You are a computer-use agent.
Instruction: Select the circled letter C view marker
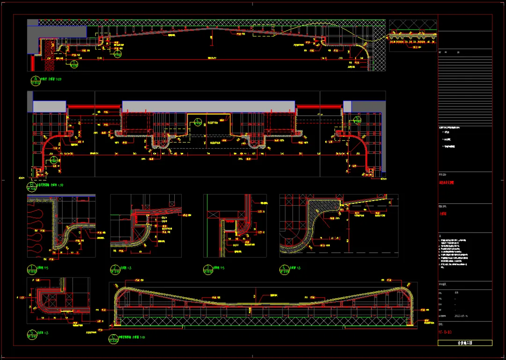(x=113, y=337)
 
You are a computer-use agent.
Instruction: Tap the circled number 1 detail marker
(x=32, y=269)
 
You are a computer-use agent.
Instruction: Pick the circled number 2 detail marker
(x=114, y=269)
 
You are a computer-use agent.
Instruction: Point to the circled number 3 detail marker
(x=208, y=269)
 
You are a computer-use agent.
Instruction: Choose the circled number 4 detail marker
(x=284, y=269)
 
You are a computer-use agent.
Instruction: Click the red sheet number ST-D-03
(x=445, y=332)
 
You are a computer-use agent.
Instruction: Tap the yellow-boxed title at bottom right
(x=465, y=343)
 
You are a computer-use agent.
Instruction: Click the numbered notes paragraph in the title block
(x=461, y=253)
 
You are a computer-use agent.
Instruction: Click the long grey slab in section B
(x=208, y=106)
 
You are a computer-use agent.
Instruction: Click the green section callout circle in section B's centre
(x=198, y=122)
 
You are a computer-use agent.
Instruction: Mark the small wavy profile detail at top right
(x=413, y=36)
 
